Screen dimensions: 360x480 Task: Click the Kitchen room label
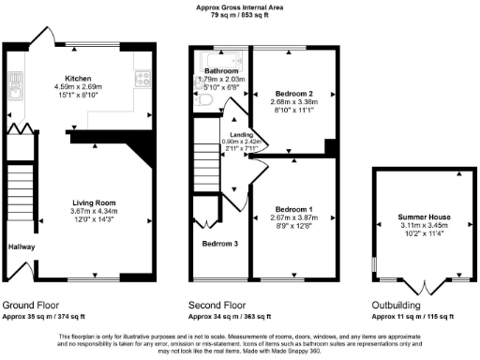(77, 78)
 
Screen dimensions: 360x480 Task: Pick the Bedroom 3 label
(220, 243)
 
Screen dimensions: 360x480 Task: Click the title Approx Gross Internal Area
(240, 7)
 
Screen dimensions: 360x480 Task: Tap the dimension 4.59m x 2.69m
(77, 86)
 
